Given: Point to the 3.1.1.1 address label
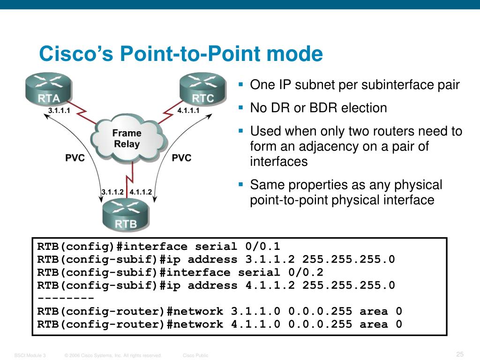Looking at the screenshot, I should [x=59, y=111].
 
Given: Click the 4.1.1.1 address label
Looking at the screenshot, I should [x=189, y=111].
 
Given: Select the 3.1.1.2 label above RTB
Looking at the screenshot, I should [x=112, y=192].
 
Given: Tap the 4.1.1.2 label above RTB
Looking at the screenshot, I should [x=141, y=192].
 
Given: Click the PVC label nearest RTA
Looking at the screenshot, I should [x=75, y=158].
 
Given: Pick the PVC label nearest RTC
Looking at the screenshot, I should [x=181, y=158].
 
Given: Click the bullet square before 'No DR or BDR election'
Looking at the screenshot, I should [x=241, y=108].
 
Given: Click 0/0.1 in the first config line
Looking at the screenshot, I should [x=262, y=247].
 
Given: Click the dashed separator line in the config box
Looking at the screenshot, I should [x=66, y=299].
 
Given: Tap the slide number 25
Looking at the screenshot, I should [x=459, y=353].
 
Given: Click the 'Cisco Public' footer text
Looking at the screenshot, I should [x=195, y=356].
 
